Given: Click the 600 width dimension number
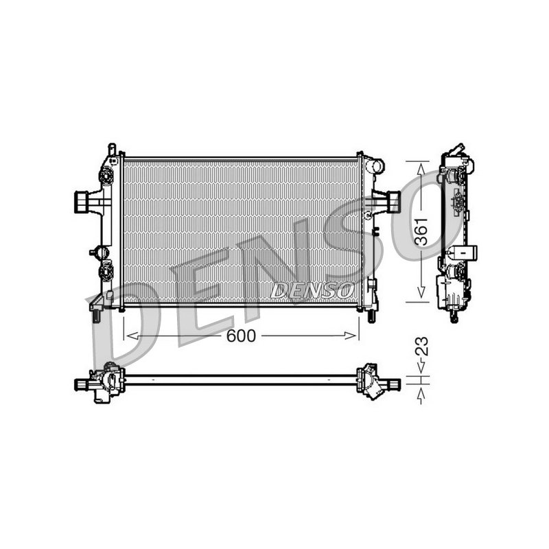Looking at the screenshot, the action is (x=242, y=336).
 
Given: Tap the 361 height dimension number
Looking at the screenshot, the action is (x=421, y=231).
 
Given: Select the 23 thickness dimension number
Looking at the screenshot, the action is (x=421, y=347).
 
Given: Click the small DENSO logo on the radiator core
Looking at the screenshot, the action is (x=312, y=290).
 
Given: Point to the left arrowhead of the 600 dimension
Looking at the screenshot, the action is (x=132, y=336).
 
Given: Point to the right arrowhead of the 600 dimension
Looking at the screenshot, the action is (x=351, y=336).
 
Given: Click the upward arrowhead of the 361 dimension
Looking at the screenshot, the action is (x=421, y=170).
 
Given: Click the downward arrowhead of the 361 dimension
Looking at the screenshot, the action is (x=421, y=292).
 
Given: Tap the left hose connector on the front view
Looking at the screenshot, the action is (x=82, y=202).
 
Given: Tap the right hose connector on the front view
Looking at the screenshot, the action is (x=395, y=202).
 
